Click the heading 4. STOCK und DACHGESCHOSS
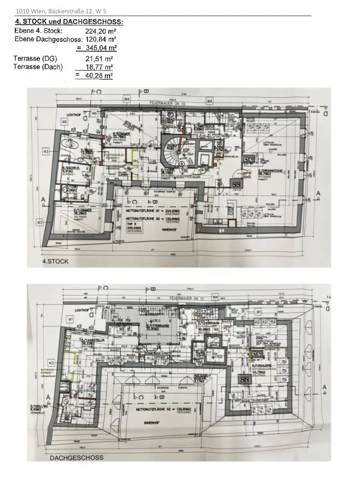(69, 22)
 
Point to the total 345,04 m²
(96, 48)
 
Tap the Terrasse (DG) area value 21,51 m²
(99, 59)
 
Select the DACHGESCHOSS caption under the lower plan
(76, 457)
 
